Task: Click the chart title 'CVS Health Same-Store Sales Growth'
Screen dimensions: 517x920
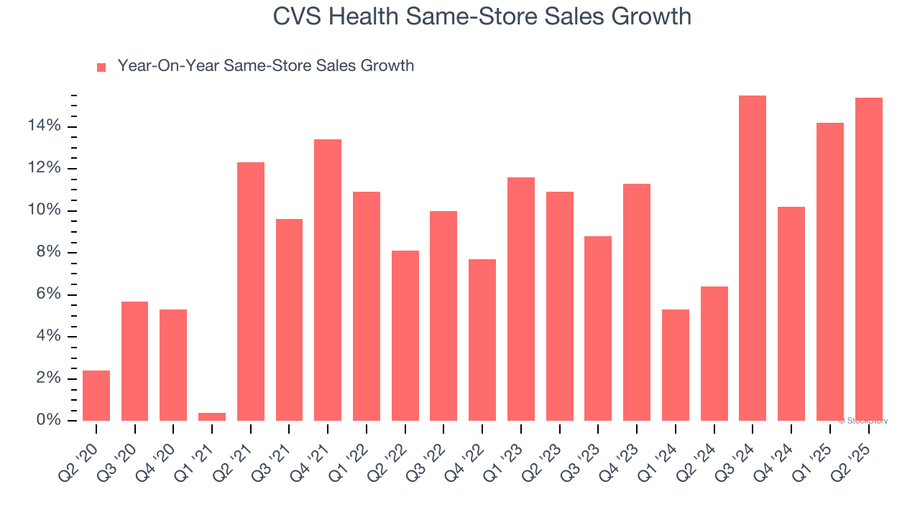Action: pos(482,17)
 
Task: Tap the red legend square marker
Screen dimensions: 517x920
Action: pos(101,67)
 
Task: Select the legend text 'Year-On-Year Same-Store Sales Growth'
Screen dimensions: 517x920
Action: pos(265,66)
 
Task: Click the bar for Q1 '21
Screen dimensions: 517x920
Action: pos(212,416)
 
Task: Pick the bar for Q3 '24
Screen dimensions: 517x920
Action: pos(753,258)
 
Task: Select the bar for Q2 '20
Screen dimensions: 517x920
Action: pos(96,396)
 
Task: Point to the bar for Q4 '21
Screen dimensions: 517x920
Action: pos(328,280)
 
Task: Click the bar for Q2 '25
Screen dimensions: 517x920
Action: pos(868,259)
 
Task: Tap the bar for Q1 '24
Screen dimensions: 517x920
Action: pos(676,365)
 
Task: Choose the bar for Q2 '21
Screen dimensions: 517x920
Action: pos(251,292)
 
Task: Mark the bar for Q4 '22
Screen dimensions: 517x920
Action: pos(482,340)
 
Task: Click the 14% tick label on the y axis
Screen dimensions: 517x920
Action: pos(45,126)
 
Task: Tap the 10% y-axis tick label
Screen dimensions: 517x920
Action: pos(45,210)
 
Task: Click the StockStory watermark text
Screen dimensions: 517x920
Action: pos(863,421)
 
